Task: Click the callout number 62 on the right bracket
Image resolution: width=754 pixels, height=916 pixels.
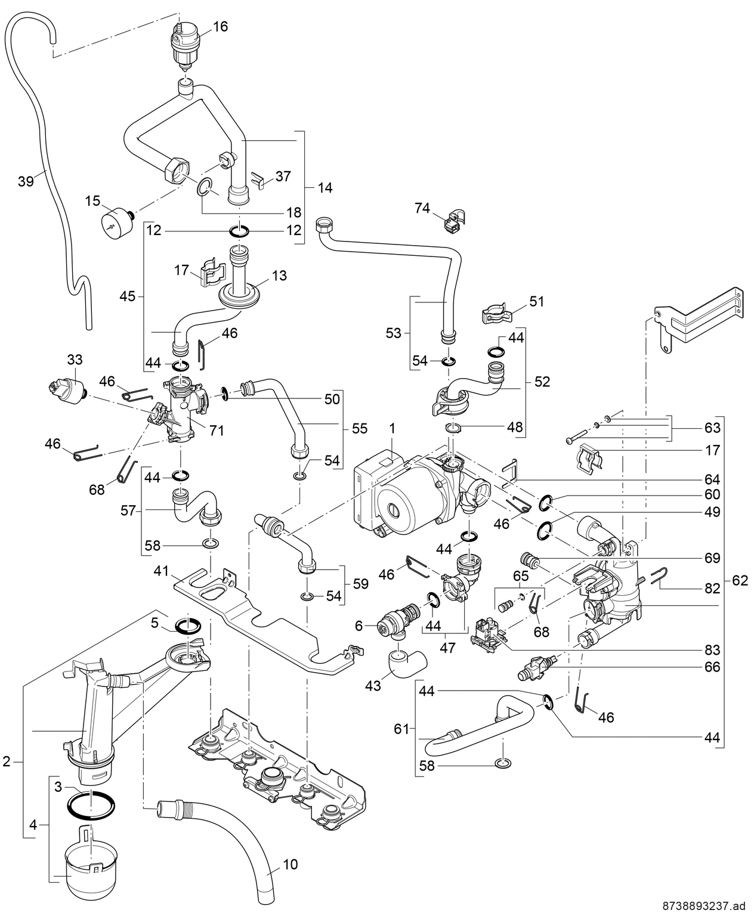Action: coord(740,580)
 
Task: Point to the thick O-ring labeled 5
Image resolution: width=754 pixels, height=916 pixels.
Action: coord(187,626)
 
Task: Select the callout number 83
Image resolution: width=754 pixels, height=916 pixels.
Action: coord(712,649)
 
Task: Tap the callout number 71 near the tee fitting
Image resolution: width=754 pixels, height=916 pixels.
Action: coord(217,429)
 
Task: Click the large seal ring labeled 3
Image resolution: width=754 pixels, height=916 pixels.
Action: coord(91,806)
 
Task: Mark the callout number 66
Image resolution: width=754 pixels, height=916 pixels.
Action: coord(712,667)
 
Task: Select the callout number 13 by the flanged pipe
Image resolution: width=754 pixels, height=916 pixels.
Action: coord(279,276)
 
